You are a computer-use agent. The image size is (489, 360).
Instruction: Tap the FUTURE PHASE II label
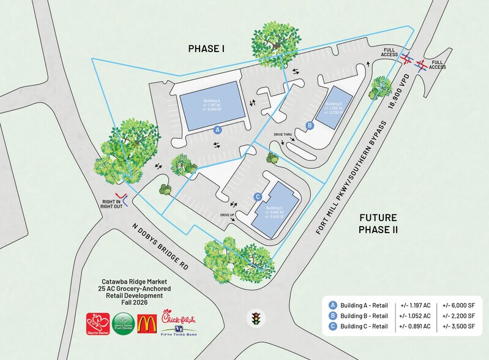click(378, 223)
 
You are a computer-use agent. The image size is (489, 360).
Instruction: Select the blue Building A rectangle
click(211, 105)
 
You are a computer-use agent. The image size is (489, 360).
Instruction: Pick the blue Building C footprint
click(275, 208)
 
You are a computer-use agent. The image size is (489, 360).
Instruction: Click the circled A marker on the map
click(216, 130)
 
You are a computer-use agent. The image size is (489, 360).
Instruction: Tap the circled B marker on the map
click(310, 126)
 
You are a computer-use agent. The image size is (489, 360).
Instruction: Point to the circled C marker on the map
click(258, 197)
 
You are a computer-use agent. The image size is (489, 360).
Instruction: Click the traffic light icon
click(255, 318)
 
